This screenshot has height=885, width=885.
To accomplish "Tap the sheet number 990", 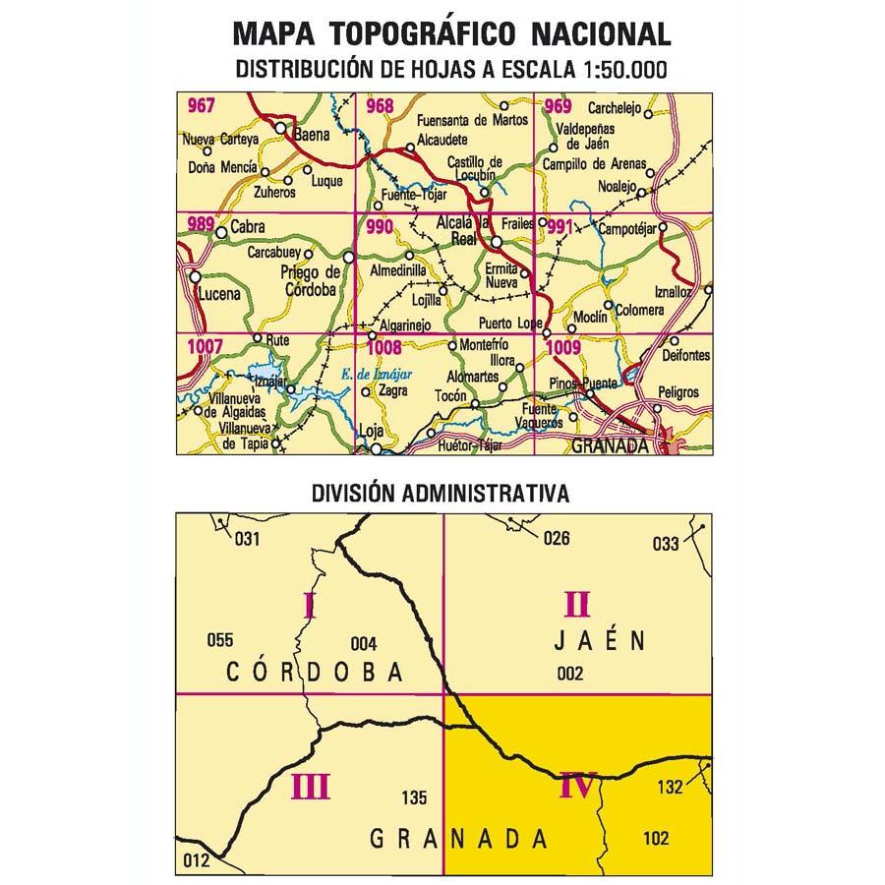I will (x=379, y=227).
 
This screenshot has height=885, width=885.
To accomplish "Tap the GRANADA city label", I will (x=611, y=444).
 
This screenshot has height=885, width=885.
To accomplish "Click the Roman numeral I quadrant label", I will (x=309, y=603).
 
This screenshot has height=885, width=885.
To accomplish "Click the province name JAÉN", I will (x=597, y=641).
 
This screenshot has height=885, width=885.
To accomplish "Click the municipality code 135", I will (x=415, y=797).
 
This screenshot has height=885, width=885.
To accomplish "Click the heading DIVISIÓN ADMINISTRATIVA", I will (x=440, y=493).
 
